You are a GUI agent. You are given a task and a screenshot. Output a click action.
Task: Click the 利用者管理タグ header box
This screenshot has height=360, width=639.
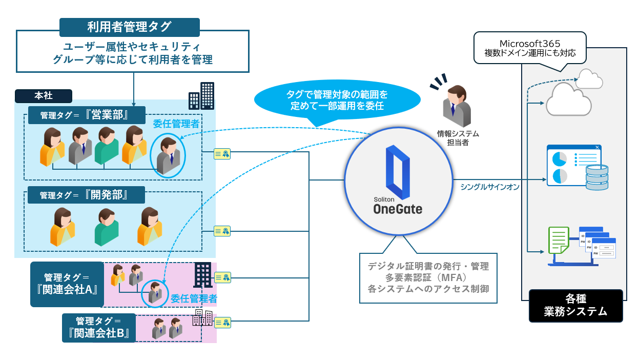[129, 27]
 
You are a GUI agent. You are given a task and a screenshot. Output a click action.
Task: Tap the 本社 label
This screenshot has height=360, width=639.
[44, 95]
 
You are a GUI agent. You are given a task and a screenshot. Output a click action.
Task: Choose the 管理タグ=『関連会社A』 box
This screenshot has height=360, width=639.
[67, 284]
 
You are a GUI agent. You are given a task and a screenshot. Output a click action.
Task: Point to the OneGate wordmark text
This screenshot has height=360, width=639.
[398, 209]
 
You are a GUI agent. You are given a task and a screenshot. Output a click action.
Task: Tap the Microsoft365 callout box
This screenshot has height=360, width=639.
[530, 47]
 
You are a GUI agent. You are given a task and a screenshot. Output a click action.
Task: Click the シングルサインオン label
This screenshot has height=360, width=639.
[489, 187]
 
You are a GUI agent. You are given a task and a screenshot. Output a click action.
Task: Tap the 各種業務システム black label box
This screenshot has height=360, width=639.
[575, 306]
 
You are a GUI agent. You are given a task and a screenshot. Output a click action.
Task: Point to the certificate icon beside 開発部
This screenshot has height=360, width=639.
[222, 231]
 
